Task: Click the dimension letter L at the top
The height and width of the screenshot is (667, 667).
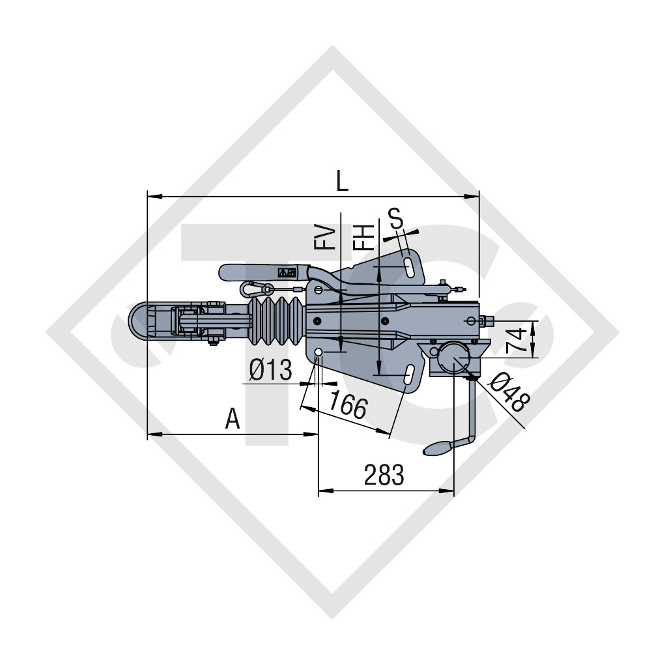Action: [342, 181]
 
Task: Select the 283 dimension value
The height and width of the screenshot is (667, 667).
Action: [384, 475]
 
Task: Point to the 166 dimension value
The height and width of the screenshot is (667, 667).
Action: [348, 404]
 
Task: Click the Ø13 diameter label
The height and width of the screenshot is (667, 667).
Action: [270, 369]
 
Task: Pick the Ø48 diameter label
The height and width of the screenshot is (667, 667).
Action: [509, 392]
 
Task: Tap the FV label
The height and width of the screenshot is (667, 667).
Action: [324, 237]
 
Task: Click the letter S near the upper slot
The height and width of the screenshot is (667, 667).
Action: [395, 218]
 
